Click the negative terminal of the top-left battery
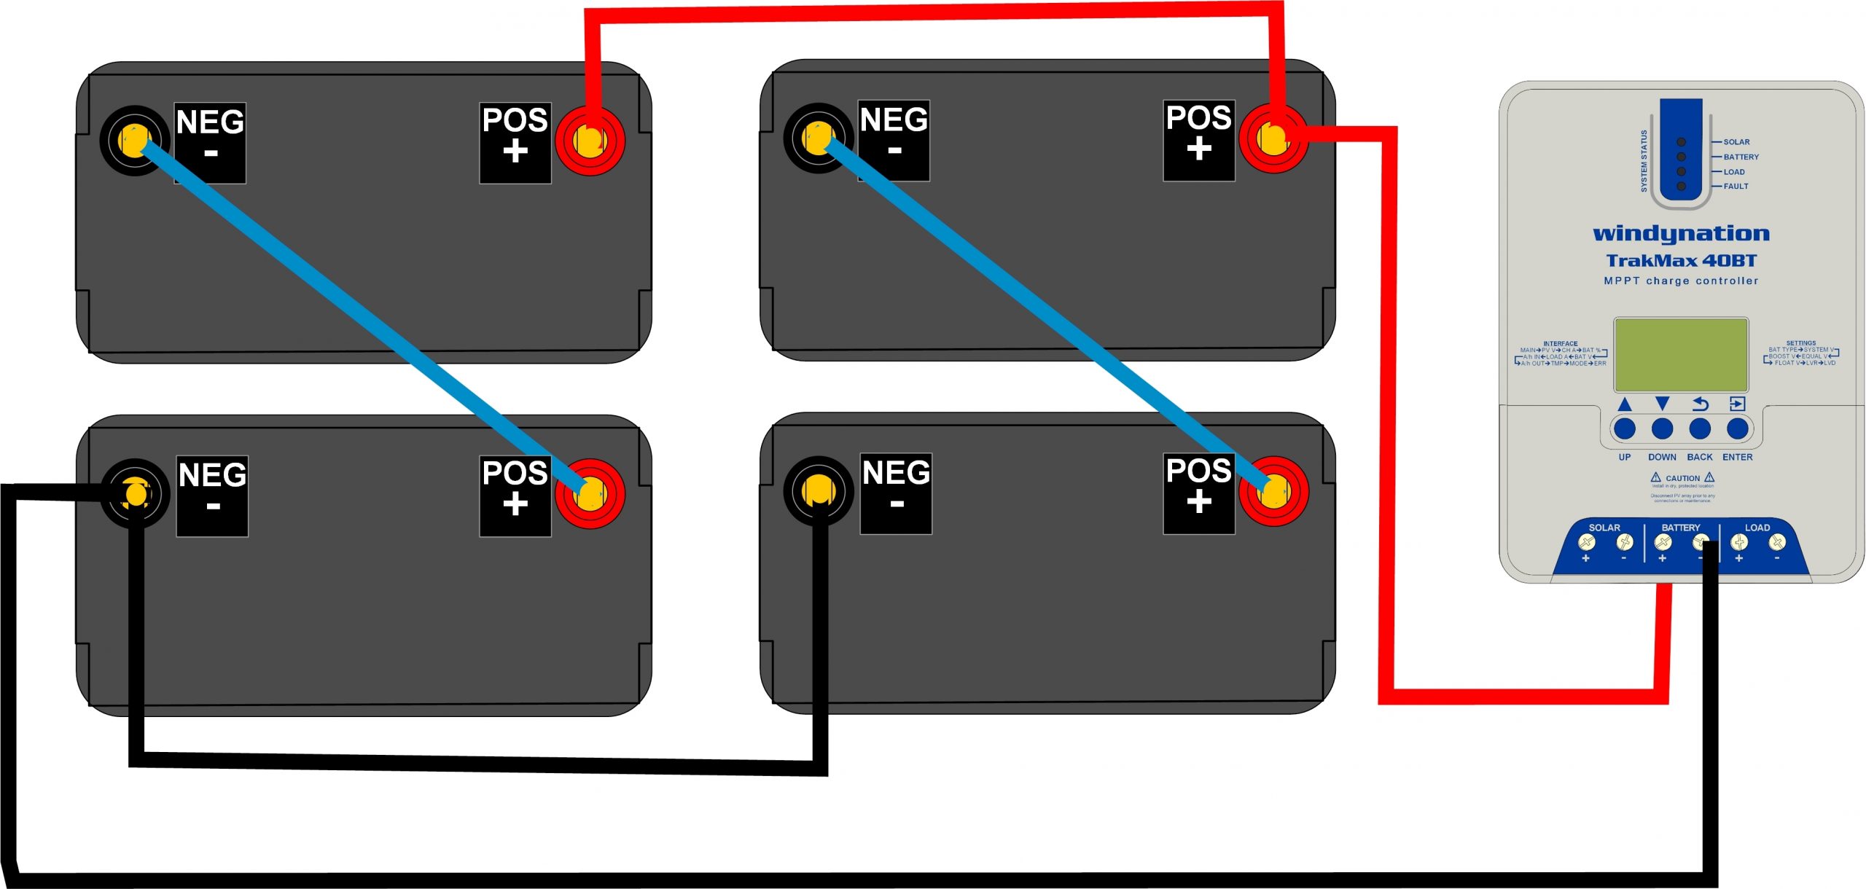tap(134, 140)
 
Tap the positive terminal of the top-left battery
tap(590, 140)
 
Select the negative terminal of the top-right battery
tap(818, 138)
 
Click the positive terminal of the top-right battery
tap(1273, 138)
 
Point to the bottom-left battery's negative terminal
tap(135, 493)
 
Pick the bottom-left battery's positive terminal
tap(590, 493)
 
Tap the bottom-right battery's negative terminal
tap(818, 491)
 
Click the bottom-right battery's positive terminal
tap(1273, 491)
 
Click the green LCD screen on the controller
tap(1681, 355)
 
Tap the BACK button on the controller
tap(1700, 428)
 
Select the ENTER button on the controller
tap(1738, 428)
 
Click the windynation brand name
tap(1681, 233)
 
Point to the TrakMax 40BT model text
tap(1681, 260)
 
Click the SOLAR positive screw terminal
tap(1586, 542)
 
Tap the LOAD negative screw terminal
tap(1777, 541)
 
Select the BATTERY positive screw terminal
tap(1663, 542)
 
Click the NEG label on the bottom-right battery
tap(896, 474)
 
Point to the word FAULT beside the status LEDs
tap(1736, 187)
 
